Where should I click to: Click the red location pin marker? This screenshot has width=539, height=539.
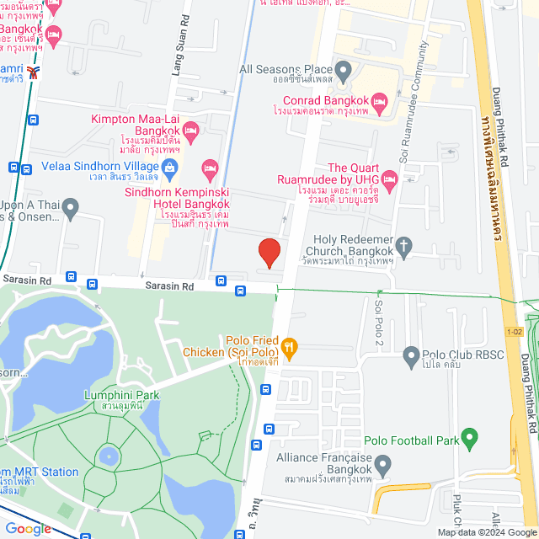[x=269, y=253]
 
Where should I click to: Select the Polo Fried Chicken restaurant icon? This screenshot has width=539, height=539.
[x=289, y=345]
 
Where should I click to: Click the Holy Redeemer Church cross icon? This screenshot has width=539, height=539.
[x=404, y=246]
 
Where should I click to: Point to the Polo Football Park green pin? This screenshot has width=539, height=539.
[x=470, y=440]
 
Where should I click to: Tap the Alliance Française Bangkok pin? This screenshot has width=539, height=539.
[x=382, y=464]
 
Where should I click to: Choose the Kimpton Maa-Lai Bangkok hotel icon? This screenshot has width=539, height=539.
[x=191, y=131]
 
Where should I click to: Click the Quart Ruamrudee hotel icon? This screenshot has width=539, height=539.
[x=388, y=179]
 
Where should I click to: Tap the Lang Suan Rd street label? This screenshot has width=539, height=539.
[x=179, y=59]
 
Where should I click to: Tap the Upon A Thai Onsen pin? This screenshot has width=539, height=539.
[x=70, y=206]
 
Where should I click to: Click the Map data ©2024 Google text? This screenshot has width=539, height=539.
[x=485, y=532]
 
